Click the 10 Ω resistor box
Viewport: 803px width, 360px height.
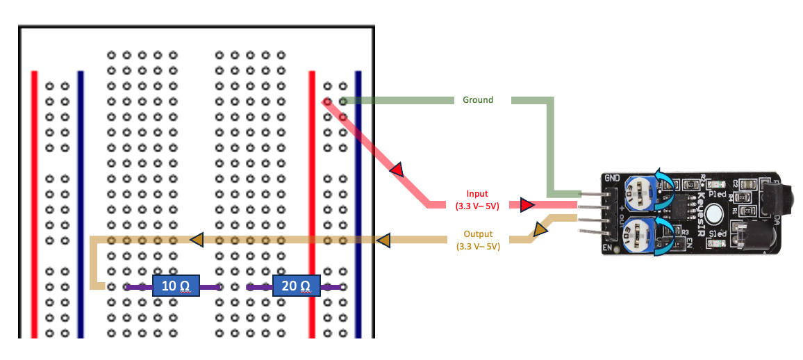[176, 286]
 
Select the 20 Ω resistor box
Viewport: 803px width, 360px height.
[296, 286]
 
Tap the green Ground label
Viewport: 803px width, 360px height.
[478, 100]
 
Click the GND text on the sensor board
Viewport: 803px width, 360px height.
[612, 178]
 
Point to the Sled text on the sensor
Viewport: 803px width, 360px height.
[717, 234]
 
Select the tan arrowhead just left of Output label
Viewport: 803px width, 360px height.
[383, 240]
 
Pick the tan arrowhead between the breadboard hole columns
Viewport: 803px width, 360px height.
[197, 240]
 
